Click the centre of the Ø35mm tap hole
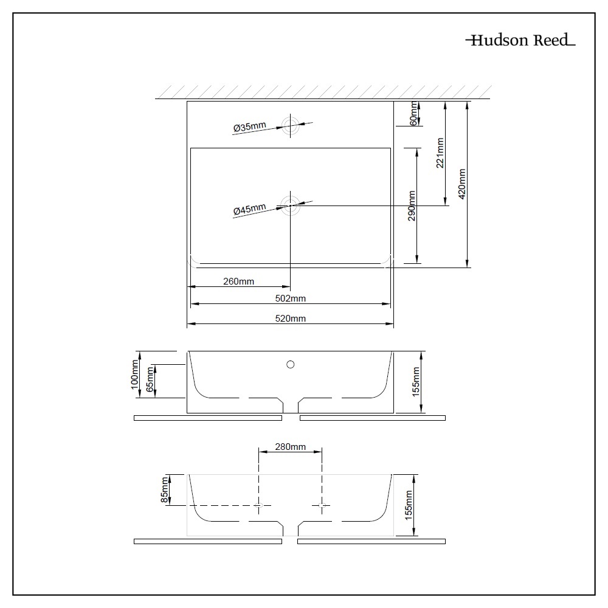click(x=291, y=125)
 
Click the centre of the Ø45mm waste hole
click(x=291, y=206)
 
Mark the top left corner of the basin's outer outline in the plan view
click(x=187, y=102)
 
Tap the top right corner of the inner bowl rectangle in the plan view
click(x=390, y=148)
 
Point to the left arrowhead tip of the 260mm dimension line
click(x=188, y=287)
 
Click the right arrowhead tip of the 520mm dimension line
click(x=393, y=323)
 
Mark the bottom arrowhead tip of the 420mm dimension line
click(x=467, y=267)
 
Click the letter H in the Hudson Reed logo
click(x=477, y=40)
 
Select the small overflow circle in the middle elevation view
click(x=291, y=364)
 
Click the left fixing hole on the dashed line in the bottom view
click(x=258, y=505)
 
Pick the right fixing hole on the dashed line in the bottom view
click(x=322, y=505)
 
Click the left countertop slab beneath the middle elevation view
click(x=208, y=418)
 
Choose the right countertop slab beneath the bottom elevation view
click(x=371, y=541)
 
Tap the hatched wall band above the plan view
click(x=323, y=92)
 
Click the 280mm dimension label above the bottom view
click(x=291, y=447)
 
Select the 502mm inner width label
click(x=291, y=298)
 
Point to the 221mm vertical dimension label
click(x=440, y=153)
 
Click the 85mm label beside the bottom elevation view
click(x=165, y=491)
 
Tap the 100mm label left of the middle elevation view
click(x=134, y=374)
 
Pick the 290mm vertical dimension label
click(x=412, y=206)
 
